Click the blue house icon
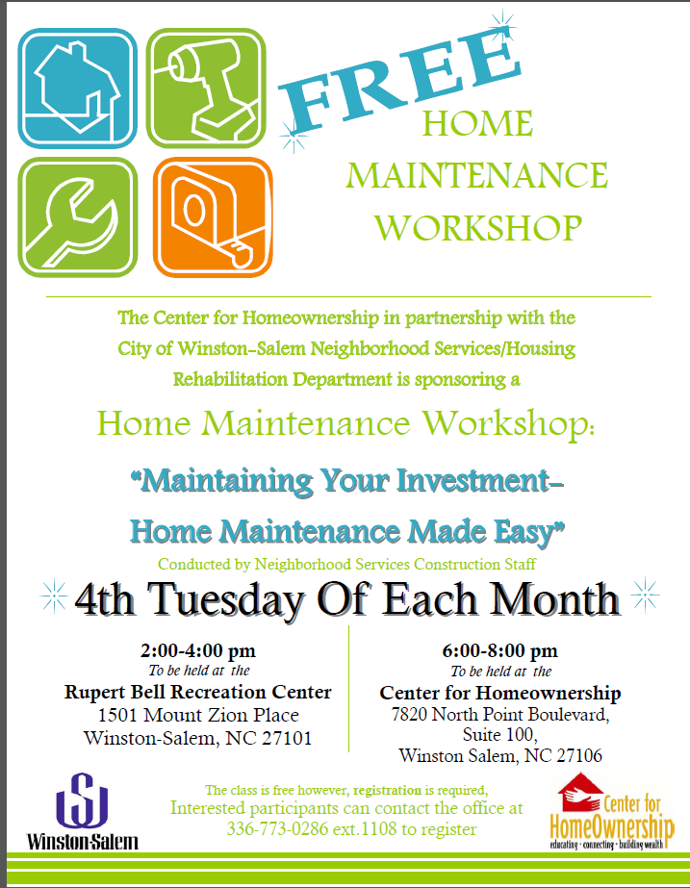(78, 88)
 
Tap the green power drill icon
(206, 88)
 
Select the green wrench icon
(78, 216)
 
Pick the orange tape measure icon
(213, 216)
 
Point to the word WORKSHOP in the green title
(478, 228)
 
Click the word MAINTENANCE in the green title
(476, 175)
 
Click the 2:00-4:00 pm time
(198, 650)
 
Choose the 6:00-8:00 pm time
(500, 650)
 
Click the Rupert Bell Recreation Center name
(197, 692)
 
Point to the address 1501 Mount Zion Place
(198, 715)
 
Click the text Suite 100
(499, 734)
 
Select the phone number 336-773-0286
(277, 829)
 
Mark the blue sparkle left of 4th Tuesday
(54, 596)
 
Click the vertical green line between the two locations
(349, 689)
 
